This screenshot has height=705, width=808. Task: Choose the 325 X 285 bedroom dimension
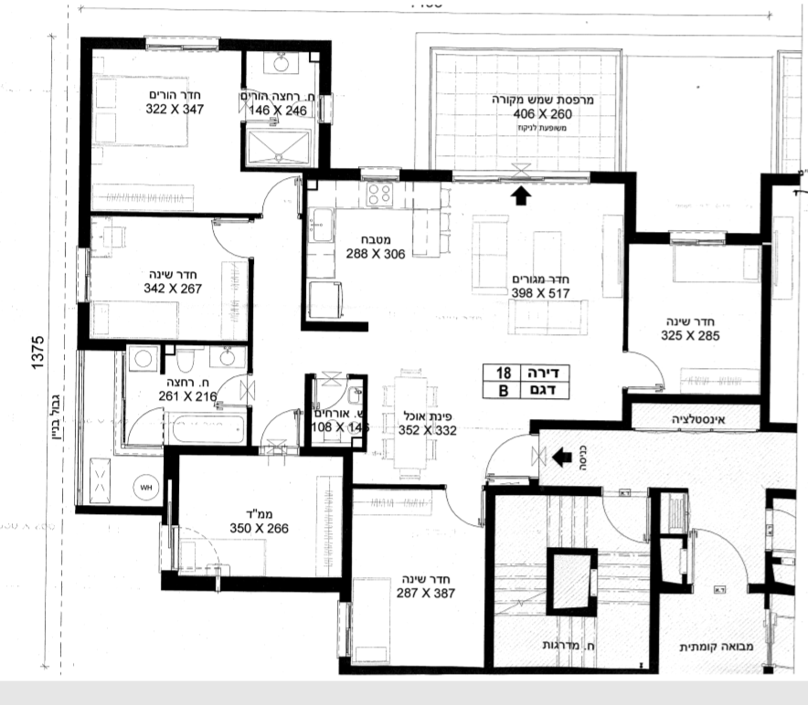690,335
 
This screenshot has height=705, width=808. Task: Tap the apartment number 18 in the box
503,373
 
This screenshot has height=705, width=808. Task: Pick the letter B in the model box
502,391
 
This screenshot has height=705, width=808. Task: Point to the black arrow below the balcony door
520,195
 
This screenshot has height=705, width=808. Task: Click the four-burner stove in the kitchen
378,194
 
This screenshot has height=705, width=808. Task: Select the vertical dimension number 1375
37,352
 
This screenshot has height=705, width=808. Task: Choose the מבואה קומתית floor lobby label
709,647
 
